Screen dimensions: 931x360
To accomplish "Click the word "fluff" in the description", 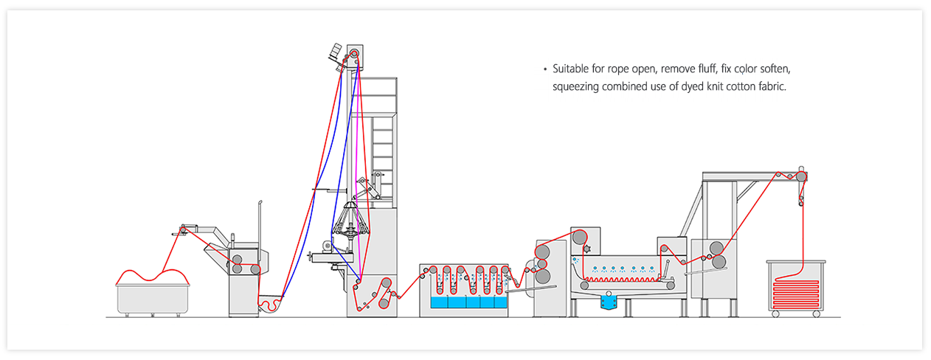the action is click(706, 69).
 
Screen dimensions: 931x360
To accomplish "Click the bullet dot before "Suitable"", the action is click(545, 69).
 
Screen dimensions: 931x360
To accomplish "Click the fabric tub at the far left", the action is click(153, 299).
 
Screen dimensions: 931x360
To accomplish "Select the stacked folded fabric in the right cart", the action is click(795, 294).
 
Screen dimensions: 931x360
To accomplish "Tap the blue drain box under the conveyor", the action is click(609, 302).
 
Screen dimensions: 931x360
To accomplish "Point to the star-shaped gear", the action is click(587, 249).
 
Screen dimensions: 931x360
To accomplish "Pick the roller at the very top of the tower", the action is click(353, 54).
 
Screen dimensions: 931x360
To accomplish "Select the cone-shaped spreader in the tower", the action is click(351, 220).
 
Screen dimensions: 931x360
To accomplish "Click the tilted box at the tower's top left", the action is click(335, 51).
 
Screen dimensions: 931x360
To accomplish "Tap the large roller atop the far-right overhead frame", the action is click(801, 176).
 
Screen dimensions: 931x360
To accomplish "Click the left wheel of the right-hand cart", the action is click(775, 314).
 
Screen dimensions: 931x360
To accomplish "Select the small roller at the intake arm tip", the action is click(183, 229).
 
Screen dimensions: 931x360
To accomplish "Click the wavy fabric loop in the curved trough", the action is click(270, 303).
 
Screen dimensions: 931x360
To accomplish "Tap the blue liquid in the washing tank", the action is click(469, 302).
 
